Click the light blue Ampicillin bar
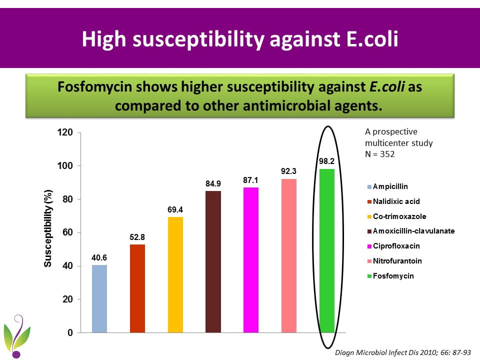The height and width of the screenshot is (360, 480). pos(99,298)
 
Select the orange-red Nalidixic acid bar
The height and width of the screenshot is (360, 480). pos(137,288)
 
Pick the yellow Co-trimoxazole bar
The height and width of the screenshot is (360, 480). pos(175,274)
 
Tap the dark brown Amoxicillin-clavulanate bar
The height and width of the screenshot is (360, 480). pos(213,261)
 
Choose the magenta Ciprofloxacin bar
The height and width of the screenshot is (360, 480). pos(251,260)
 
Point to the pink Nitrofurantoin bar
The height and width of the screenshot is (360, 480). pos(289,255)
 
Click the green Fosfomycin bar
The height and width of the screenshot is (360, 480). pos(327,250)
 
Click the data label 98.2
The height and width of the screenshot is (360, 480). pos(327,161)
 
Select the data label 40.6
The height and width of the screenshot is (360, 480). pos(99,257)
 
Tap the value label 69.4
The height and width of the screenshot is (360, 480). pos(175,209)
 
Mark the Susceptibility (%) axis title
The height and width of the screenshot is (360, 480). pos(48,228)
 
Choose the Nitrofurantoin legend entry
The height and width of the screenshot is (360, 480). pos(397,261)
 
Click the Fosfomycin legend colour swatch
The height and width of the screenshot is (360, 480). pos(369,276)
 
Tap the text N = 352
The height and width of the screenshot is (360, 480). pos(380,154)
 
